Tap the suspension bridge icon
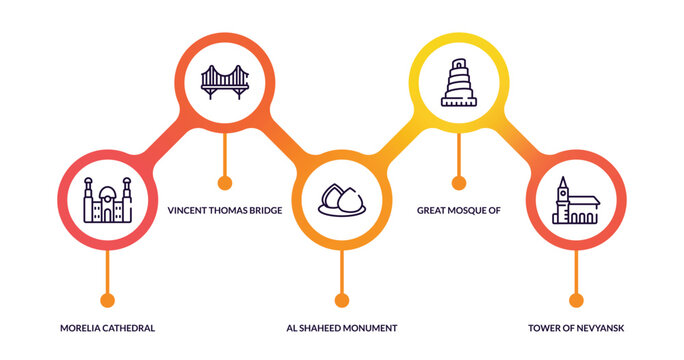pos(224,80)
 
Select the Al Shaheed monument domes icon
pos(341,200)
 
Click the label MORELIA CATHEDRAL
pos(107,328)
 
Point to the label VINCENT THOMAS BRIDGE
pos(224,211)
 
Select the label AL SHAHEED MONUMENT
pos(342,328)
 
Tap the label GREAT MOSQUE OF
pos(458,211)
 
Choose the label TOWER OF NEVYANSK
pos(576,328)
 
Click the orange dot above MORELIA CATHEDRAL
pos(107,300)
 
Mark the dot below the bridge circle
pos(224,183)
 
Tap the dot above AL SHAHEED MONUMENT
pos(341,300)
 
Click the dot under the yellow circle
pos(458,183)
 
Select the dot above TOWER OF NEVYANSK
pos(575,300)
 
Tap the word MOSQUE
pos(466,211)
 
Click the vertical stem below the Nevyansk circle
pos(575,270)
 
